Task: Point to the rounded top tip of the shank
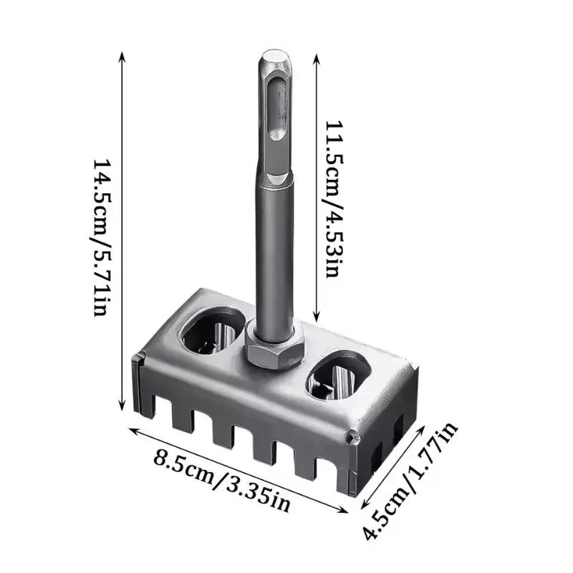(273, 56)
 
